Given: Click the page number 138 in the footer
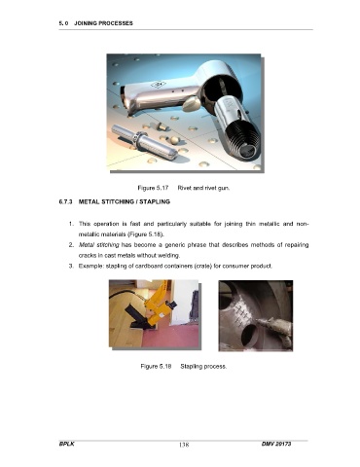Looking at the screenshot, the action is tap(184, 445).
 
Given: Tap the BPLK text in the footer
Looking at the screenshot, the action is tap(66, 444).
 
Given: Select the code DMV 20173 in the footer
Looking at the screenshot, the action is tap(276, 444).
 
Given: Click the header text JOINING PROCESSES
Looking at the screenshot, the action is tap(103, 23).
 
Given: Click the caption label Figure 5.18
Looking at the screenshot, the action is tap(156, 367).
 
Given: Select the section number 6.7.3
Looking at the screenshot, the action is tap(65, 201).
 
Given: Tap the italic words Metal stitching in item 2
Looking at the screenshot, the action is tap(99, 245).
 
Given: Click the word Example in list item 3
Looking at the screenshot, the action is tap(89, 267).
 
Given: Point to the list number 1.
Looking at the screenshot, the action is tap(71, 224).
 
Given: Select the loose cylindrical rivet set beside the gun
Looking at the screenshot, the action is tap(144, 142).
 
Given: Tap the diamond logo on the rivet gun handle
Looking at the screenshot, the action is tap(158, 85).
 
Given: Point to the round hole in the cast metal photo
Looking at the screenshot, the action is tap(250, 335).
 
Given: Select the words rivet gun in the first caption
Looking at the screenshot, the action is tap(217, 188).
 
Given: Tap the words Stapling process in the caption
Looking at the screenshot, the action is tap(203, 367).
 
